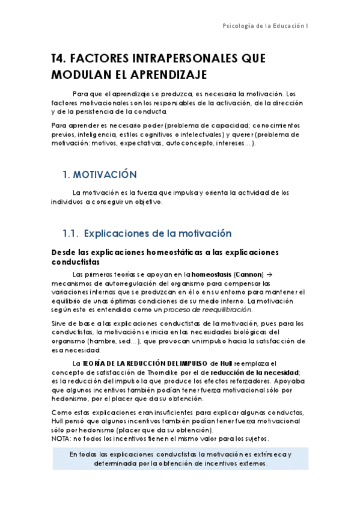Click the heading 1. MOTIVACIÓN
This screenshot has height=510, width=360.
(x=100, y=174)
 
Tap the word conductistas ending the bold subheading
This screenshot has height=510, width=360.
(x=76, y=262)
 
